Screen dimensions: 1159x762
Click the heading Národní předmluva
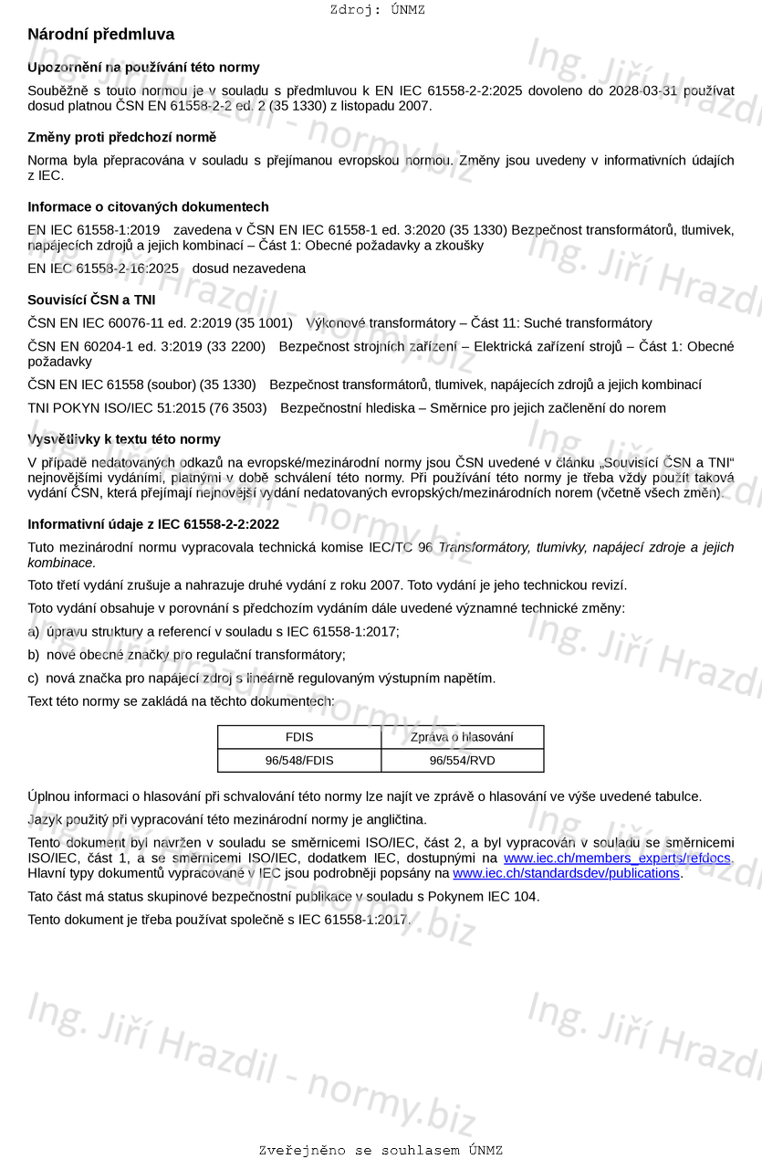[x=100, y=35]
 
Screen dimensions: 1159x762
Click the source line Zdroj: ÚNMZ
[x=377, y=10]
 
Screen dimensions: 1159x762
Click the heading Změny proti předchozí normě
[x=121, y=137]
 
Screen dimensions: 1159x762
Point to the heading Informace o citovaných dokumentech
[x=148, y=207]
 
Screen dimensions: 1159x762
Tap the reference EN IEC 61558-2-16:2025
[x=103, y=269]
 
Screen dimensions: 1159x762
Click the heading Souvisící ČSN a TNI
[x=91, y=300]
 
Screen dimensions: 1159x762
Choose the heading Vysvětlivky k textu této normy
[x=123, y=439]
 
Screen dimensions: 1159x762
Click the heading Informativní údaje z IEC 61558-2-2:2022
[x=153, y=524]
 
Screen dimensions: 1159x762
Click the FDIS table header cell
[x=299, y=737]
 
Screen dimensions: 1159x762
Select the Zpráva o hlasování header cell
[x=462, y=737]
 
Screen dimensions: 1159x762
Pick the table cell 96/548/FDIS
[x=299, y=760]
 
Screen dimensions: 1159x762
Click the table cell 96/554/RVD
[x=462, y=760]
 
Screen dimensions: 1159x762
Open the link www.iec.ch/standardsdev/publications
[x=566, y=873]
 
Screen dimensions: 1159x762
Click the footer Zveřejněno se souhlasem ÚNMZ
[x=381, y=1151]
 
